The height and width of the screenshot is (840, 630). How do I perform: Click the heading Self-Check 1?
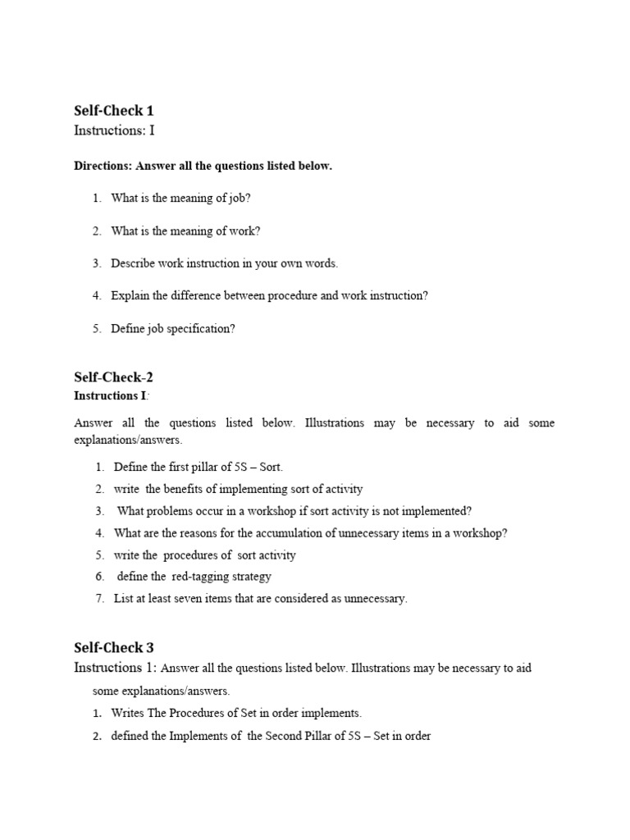114,110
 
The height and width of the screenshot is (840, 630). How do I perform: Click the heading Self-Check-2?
114,377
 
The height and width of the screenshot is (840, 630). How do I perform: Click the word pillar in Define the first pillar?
207,467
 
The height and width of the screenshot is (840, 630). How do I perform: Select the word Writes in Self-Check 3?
128,713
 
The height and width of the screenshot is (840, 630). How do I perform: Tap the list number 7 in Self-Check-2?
99,599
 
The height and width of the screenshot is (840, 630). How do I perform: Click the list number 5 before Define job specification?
96,329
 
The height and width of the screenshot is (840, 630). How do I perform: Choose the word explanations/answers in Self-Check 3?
161,691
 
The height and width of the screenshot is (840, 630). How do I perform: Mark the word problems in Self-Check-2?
171,511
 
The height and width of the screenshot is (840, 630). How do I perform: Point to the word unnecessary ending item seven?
374,599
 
